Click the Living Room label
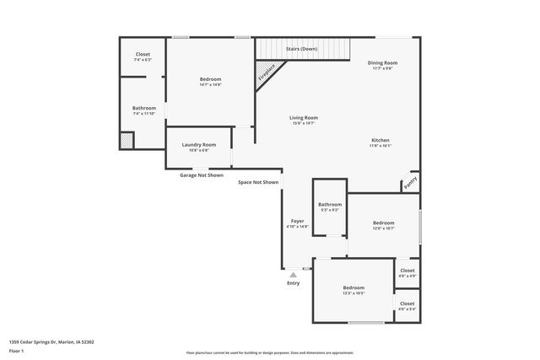pyautogui.click(x=304, y=118)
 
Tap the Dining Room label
pyautogui.click(x=382, y=63)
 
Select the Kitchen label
pyautogui.click(x=381, y=140)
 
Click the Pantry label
pyautogui.click(x=410, y=180)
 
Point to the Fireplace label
pyautogui.click(x=267, y=73)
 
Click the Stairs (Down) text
pyautogui.click(x=301, y=49)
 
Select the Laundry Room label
pyautogui.click(x=198, y=145)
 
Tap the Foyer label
pyautogui.click(x=298, y=221)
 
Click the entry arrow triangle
pyautogui.click(x=293, y=274)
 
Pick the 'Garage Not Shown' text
pyautogui.click(x=201, y=175)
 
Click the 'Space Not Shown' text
pyautogui.click(x=257, y=182)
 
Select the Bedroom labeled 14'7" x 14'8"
pyautogui.click(x=210, y=79)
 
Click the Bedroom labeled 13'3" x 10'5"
pyautogui.click(x=353, y=287)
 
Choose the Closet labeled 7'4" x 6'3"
pyautogui.click(x=143, y=55)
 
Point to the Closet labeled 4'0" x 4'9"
pyautogui.click(x=407, y=271)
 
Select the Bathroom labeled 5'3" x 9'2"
pyautogui.click(x=330, y=205)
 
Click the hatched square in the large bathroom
pyautogui.click(x=126, y=141)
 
